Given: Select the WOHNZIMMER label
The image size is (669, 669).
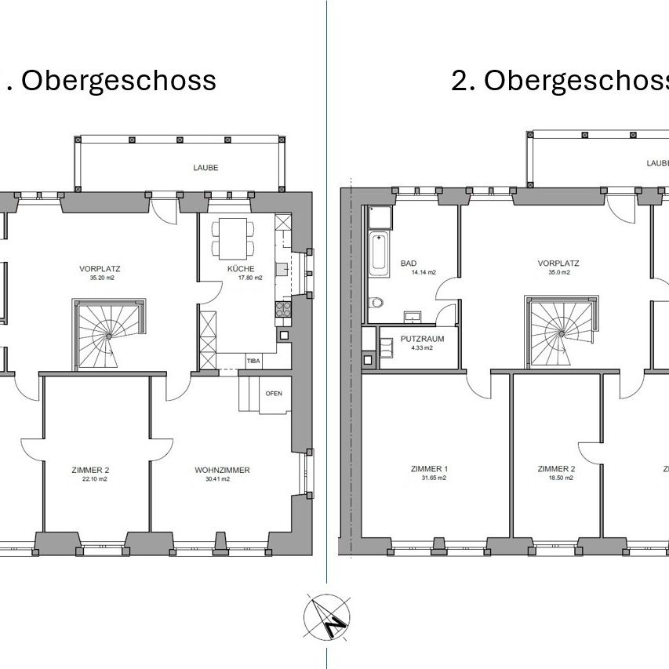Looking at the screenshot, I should point(222,470).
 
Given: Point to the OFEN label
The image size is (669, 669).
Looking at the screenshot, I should point(274,393).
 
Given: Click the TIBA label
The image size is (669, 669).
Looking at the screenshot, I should point(253,362).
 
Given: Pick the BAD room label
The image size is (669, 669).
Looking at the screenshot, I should point(409,264).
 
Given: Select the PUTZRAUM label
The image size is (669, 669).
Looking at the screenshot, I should point(422,339).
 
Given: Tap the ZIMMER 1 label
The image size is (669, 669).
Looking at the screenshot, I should point(429,469).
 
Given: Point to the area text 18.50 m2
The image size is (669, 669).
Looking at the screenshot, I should point(556,478).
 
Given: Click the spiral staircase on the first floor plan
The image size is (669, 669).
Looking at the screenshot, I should point(107,333).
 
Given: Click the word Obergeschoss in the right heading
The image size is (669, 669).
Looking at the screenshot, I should point(576,80).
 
